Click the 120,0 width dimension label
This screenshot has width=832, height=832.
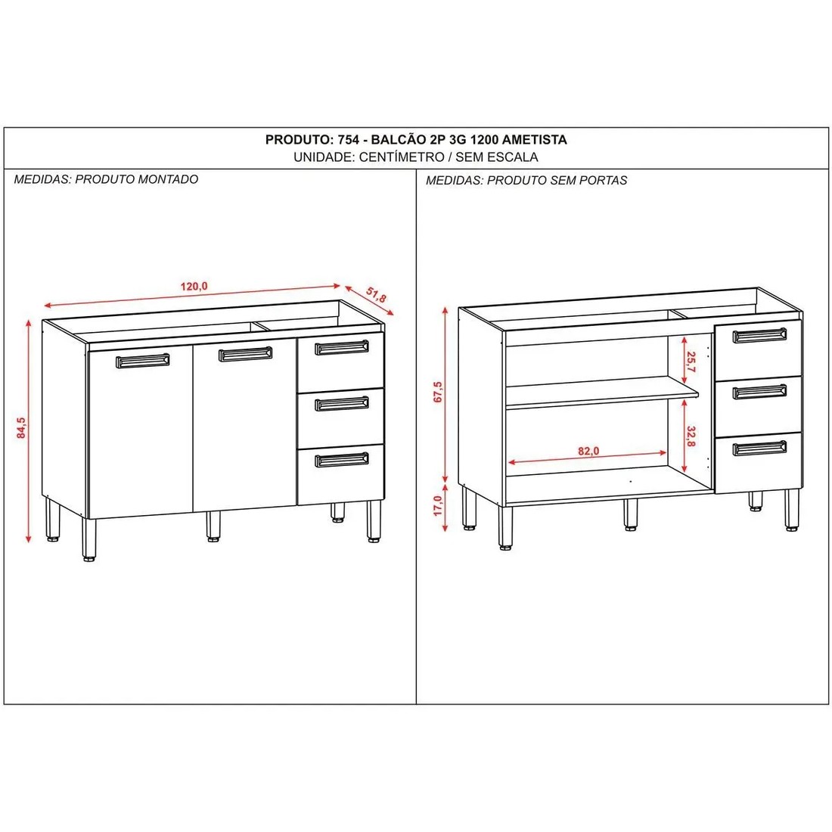point(194,286)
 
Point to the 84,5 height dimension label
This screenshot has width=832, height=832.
point(23,428)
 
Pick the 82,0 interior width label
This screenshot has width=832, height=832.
point(588,451)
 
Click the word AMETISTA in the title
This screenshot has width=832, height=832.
point(534,140)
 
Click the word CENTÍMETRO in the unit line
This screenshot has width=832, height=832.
point(401,157)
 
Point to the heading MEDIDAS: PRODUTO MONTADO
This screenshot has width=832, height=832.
point(106,179)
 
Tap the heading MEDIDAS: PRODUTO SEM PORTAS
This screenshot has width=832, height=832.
point(526,180)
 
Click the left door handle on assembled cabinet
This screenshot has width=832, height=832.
point(142,360)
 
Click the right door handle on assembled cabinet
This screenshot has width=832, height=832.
point(245,353)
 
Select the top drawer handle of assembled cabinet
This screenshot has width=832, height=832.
point(341,347)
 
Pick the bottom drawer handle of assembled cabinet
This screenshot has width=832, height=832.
point(341,460)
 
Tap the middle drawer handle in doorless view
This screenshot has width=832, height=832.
point(759,392)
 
